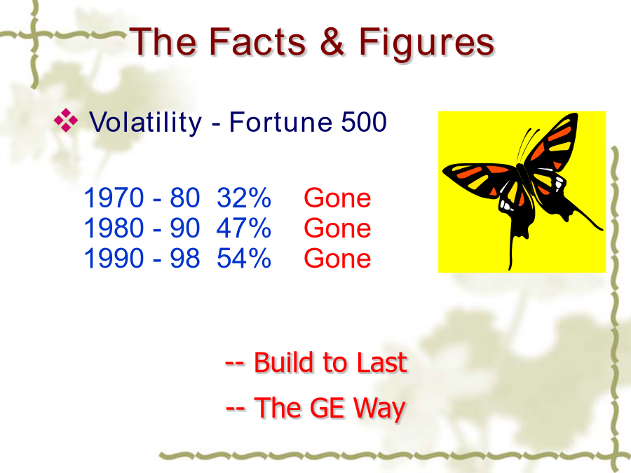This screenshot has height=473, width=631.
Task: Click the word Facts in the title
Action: (257, 41)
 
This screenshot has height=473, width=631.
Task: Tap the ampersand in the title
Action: (332, 41)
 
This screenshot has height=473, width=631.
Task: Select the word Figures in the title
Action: (426, 44)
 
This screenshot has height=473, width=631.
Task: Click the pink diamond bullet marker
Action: (66, 121)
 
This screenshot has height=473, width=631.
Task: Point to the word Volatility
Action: (145, 122)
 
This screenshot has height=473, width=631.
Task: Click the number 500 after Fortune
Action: (364, 122)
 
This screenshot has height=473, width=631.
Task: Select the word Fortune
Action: (280, 122)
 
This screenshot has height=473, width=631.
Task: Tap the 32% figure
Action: (244, 198)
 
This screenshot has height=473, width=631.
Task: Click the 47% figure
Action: (244, 228)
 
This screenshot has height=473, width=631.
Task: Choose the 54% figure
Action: (244, 258)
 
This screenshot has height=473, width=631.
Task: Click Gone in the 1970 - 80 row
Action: (337, 198)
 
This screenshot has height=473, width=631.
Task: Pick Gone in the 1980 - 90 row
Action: (337, 228)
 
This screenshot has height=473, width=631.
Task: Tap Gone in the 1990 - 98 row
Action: (337, 258)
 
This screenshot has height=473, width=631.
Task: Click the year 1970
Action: (114, 198)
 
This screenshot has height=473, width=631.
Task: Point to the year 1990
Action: (114, 258)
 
